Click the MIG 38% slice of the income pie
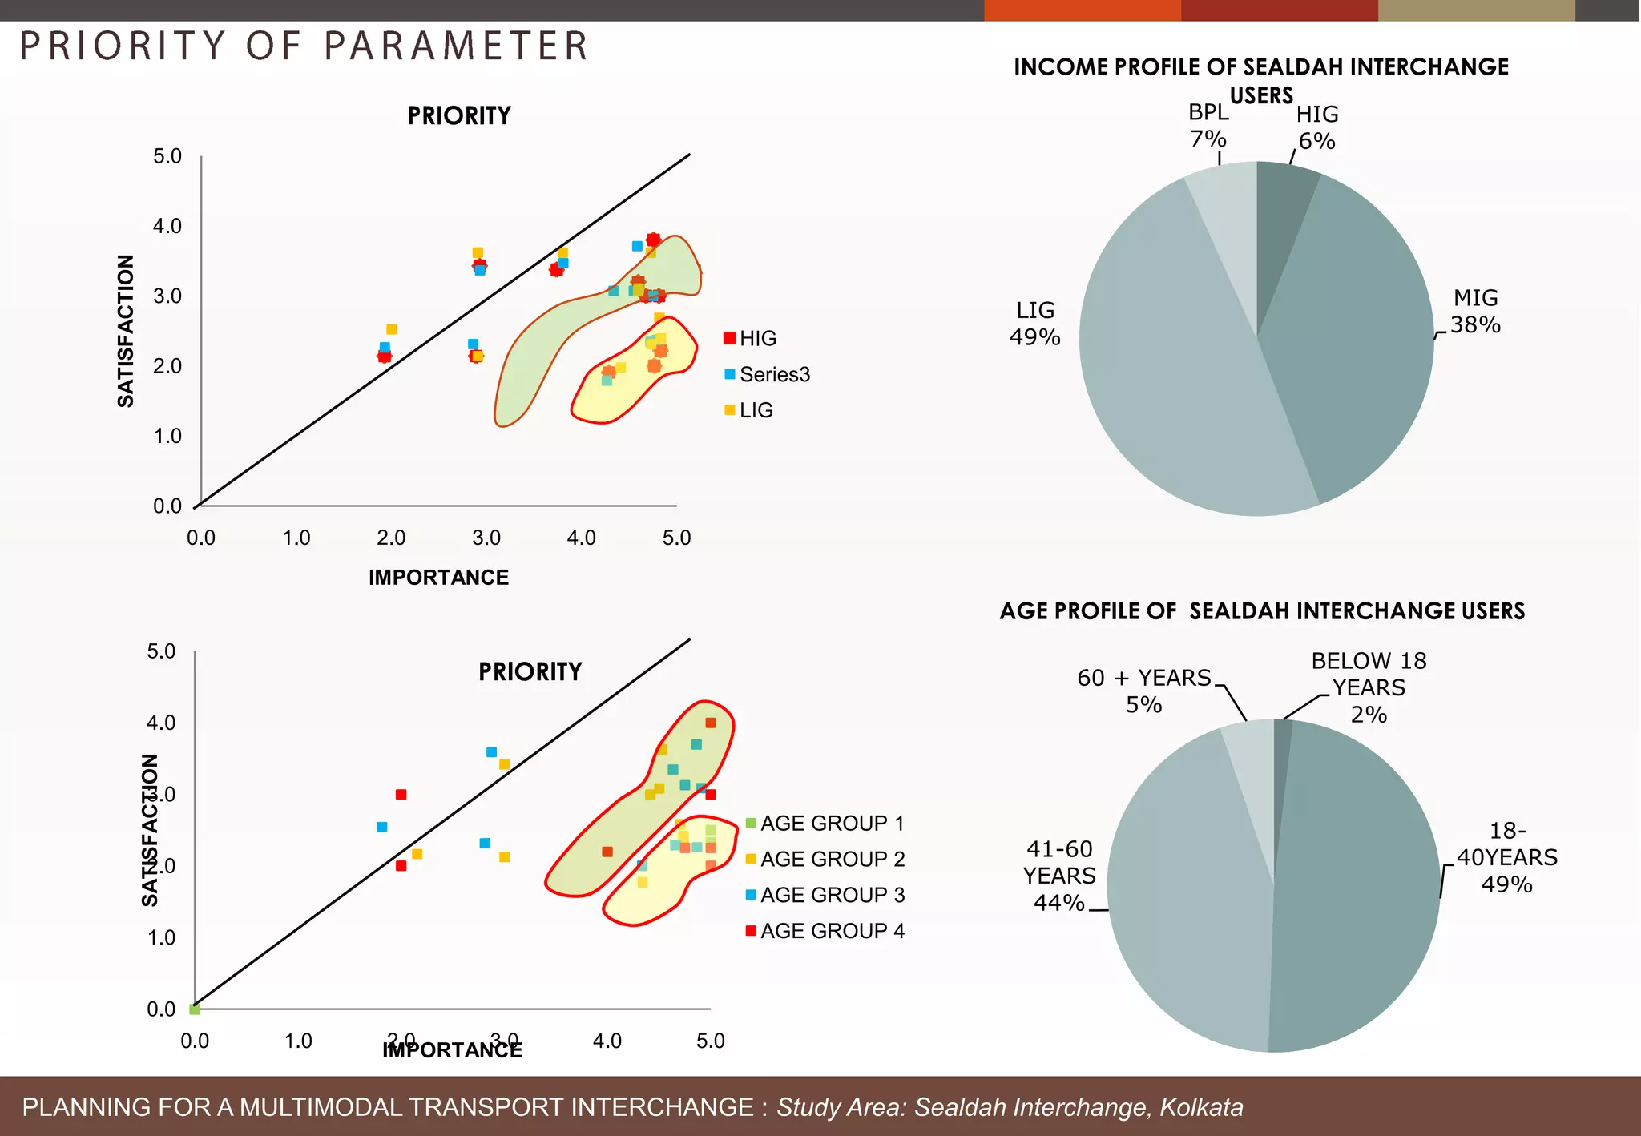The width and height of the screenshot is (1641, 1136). click(x=1354, y=336)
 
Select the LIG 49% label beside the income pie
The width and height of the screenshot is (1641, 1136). click(x=1034, y=324)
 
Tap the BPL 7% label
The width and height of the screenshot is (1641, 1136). click(x=1208, y=126)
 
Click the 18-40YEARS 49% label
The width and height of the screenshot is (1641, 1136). click(x=1506, y=857)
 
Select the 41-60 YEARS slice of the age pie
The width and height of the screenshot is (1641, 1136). click(x=1186, y=897)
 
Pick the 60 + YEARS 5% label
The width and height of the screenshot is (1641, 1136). click(x=1143, y=691)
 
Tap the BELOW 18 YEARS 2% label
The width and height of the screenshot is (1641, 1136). click(x=1368, y=687)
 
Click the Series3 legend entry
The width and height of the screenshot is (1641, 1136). click(x=774, y=374)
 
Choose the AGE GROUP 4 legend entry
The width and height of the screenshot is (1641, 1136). click(x=832, y=931)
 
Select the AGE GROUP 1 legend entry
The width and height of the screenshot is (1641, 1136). click(x=832, y=824)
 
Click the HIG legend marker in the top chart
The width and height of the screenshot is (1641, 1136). click(x=729, y=338)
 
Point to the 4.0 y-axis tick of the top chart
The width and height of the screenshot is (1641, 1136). click(x=167, y=226)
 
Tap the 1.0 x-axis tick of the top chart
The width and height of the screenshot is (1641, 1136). click(x=296, y=538)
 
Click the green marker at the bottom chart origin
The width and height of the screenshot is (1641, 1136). click(x=195, y=1009)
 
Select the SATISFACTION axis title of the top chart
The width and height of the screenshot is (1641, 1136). click(x=126, y=331)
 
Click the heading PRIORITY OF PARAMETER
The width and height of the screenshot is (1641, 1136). click(x=304, y=46)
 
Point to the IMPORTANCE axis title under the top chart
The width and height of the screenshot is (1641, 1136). click(x=438, y=578)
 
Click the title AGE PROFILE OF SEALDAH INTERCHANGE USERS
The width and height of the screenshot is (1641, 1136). click(x=1262, y=611)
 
